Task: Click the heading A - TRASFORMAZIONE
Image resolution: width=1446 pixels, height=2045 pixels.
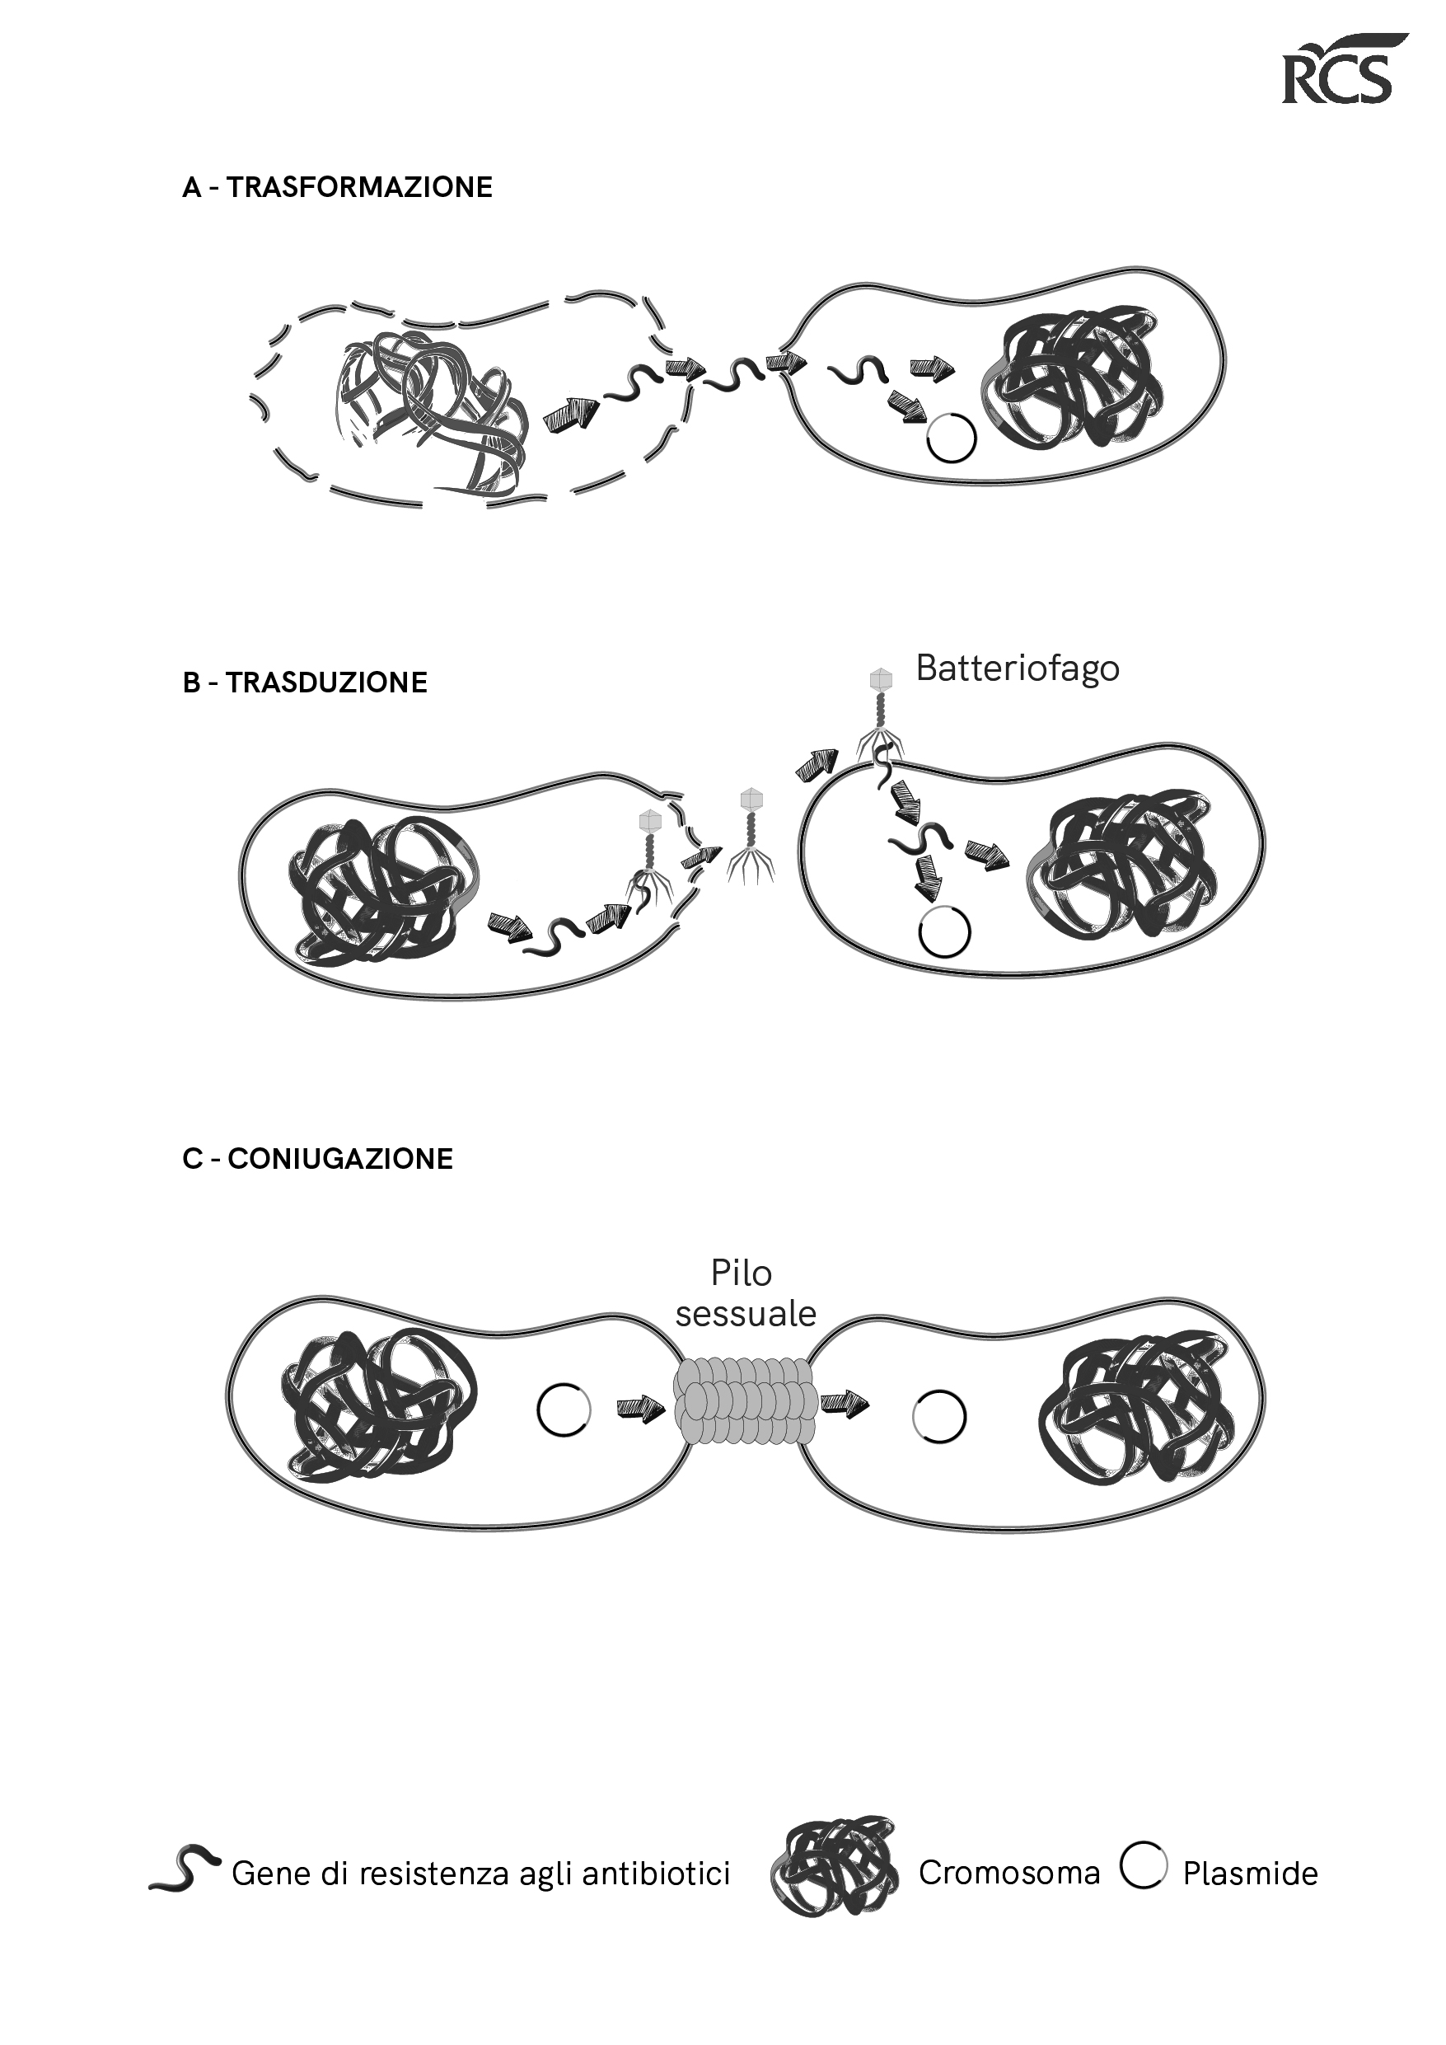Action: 336,188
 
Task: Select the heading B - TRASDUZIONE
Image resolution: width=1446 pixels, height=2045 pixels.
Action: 305,683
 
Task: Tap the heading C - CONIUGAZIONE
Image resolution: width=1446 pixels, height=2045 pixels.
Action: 318,1159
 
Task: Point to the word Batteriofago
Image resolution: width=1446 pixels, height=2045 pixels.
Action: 1017,668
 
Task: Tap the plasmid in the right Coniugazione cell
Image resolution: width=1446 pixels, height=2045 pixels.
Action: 939,1416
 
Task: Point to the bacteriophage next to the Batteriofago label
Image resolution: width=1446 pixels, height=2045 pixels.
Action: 880,712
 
